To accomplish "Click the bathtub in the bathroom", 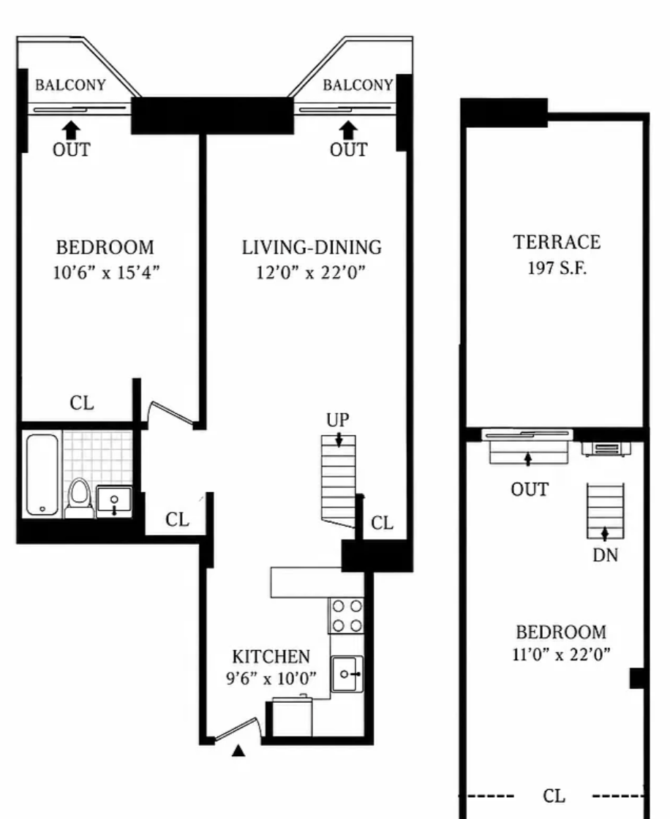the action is point(42,475).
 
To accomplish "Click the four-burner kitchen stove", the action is point(347,615).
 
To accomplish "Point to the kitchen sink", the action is point(347,673).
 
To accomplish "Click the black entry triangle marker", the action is point(238,750).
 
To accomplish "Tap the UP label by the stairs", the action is point(338,420).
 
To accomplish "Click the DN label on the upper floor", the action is point(605,555).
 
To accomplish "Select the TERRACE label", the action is point(557,242).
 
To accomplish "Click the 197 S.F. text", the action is point(557,268).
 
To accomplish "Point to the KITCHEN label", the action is point(271,657).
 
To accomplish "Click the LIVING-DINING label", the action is point(312,248).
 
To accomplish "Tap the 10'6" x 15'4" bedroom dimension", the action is point(105,273).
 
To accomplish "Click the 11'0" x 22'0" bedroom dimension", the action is point(561,654).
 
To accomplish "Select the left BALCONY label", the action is point(70,85).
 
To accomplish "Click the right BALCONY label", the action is point(358,85).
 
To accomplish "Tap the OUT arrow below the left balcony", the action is point(72,131).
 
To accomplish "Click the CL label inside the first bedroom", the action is point(82,403).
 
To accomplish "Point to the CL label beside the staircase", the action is point(382,523).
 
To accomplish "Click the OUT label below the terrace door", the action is point(530,489).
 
